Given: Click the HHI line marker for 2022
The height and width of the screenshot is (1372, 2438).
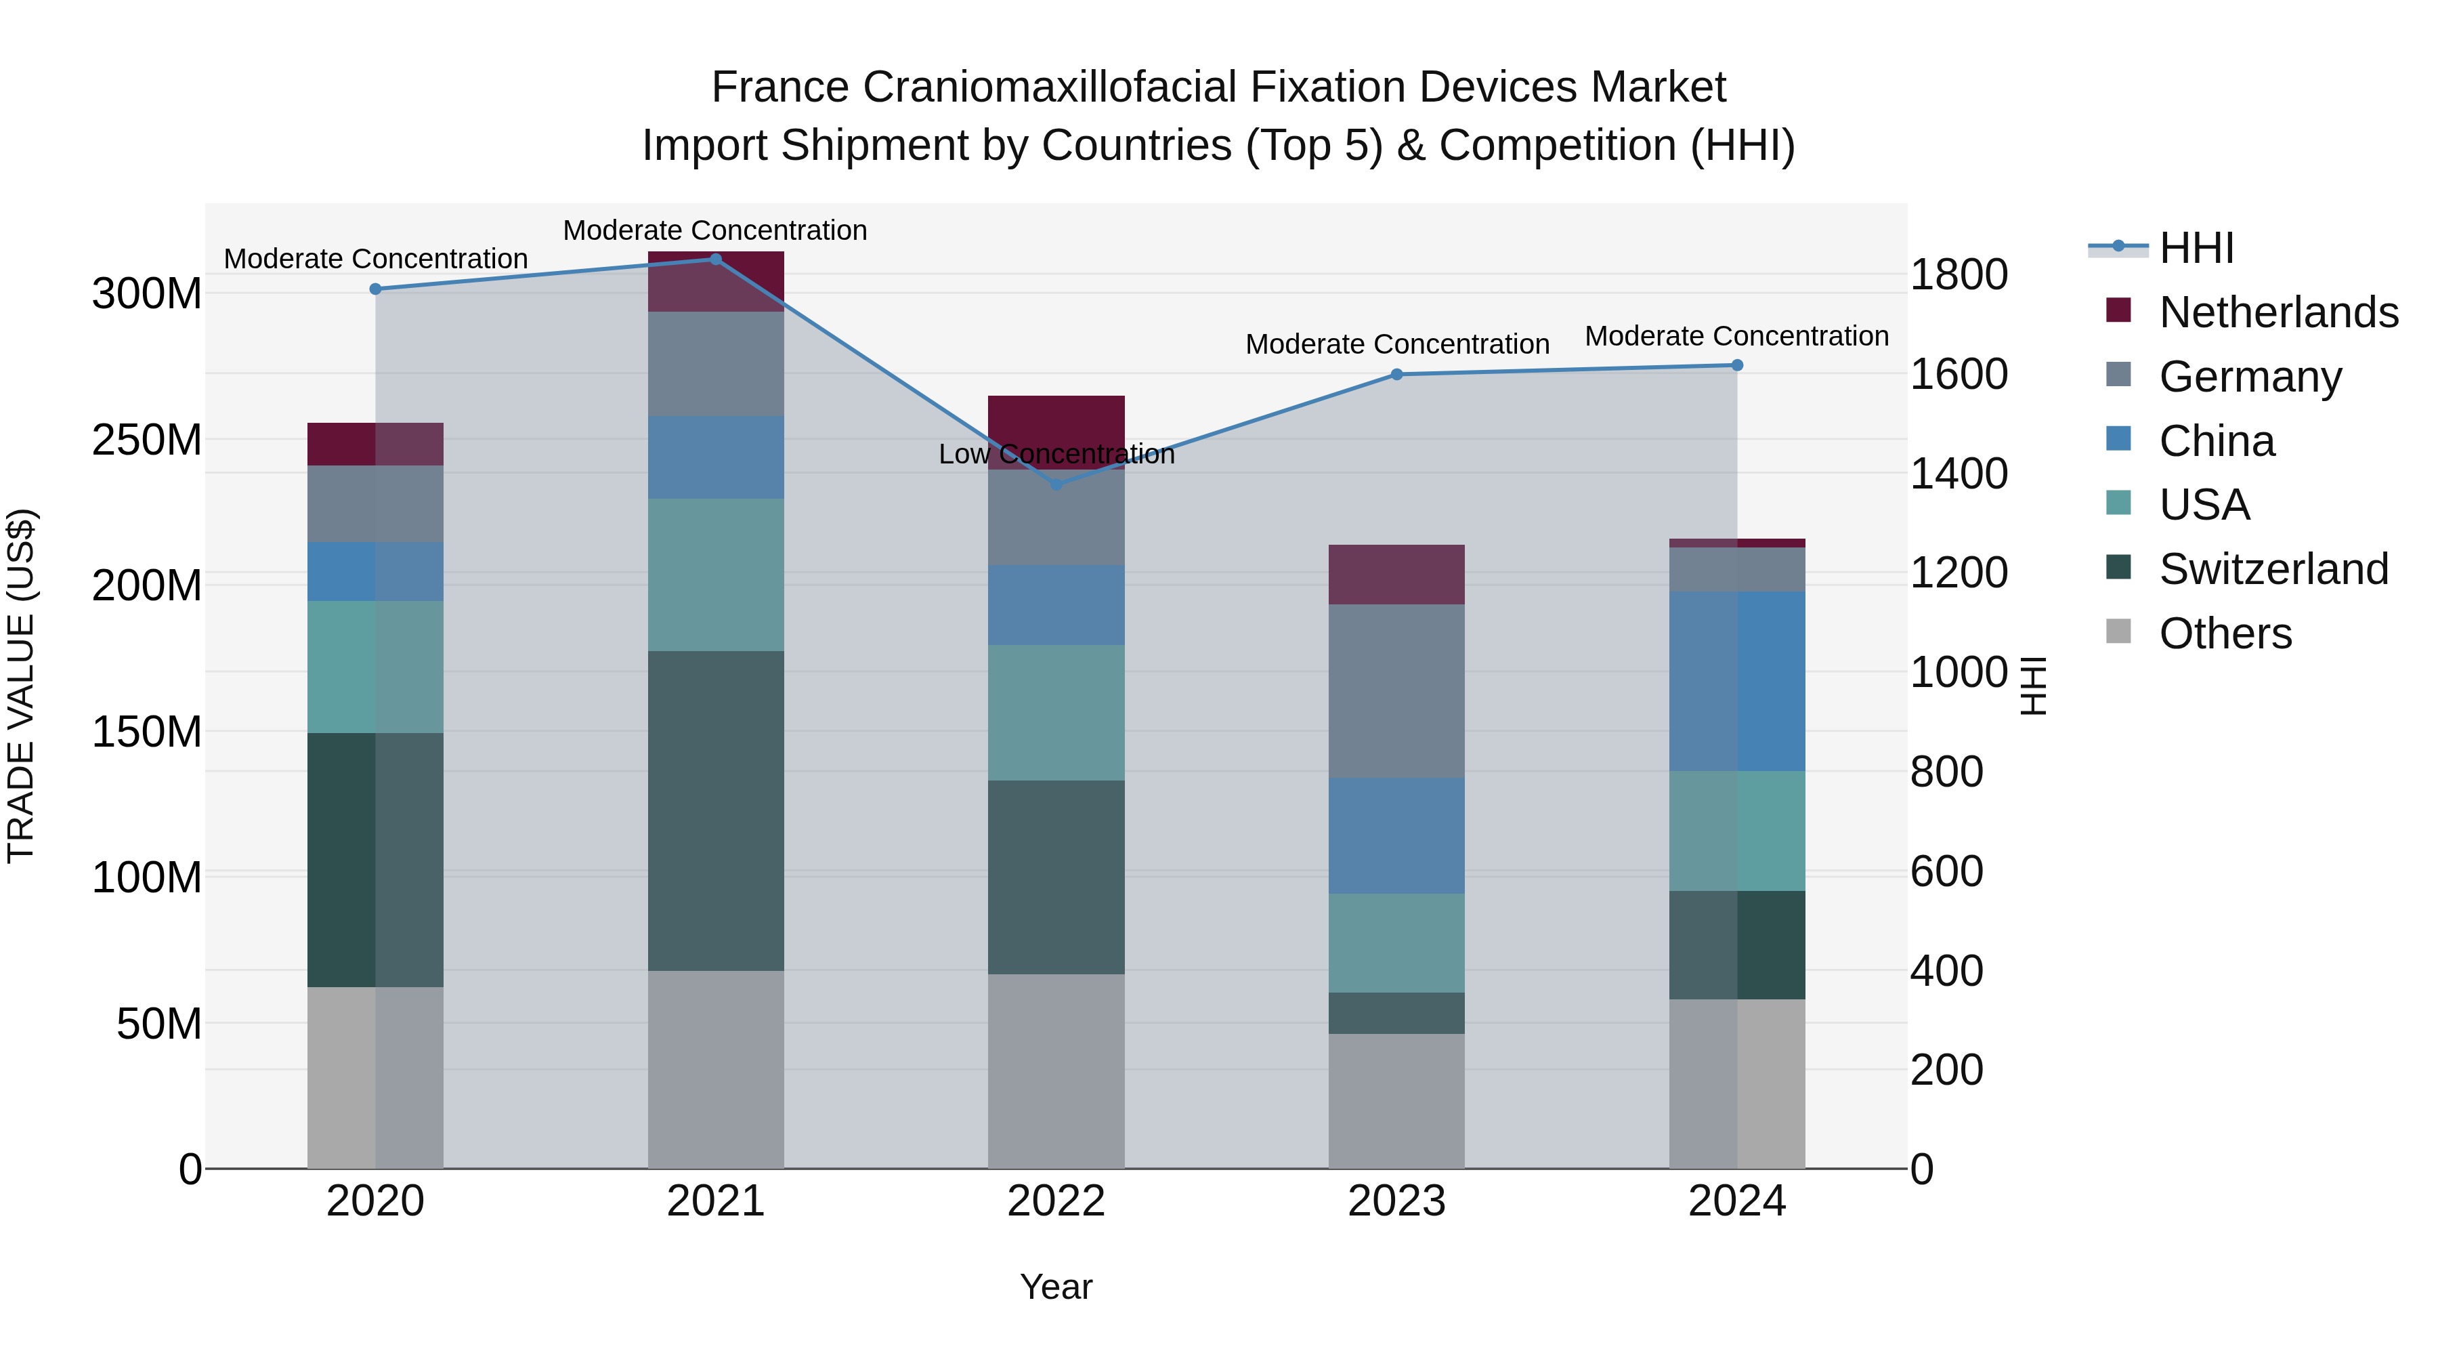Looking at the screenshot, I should (1056, 484).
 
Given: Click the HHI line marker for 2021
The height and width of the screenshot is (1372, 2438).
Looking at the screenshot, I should (716, 259).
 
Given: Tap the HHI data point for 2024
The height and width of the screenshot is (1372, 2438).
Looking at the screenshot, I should (1736, 365).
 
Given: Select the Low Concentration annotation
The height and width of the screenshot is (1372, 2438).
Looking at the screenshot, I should (1056, 455).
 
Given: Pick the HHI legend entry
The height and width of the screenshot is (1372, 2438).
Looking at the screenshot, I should (2196, 248).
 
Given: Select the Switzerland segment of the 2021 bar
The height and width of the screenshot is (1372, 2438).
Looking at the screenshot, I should (716, 810).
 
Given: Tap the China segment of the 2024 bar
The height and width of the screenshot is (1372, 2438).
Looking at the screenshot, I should (1736, 681).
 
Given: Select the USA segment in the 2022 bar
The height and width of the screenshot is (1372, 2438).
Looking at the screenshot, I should (1056, 712).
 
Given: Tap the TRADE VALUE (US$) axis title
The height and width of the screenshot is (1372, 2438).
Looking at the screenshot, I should (21, 686).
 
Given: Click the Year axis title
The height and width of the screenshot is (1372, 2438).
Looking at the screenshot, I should (1056, 1287).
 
